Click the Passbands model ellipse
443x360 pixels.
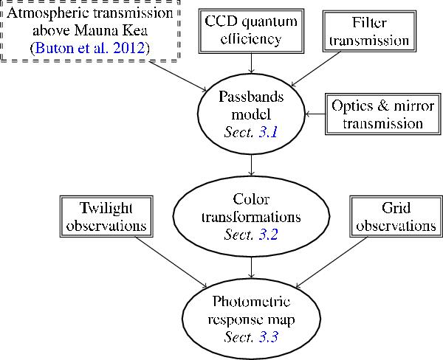coord(241,114)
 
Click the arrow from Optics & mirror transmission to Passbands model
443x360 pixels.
coord(315,114)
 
